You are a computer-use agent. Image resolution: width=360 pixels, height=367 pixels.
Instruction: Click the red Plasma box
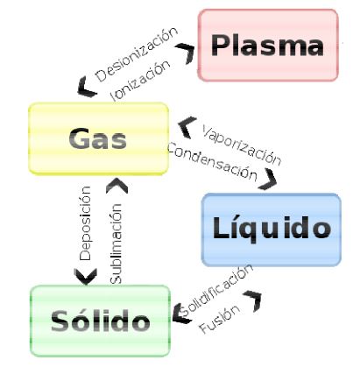tap(267, 45)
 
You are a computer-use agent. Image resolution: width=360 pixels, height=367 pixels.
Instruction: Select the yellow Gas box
tap(97, 138)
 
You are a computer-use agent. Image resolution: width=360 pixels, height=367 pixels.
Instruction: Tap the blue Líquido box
tap(271, 229)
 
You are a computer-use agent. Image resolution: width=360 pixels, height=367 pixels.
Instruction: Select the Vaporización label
tap(241, 145)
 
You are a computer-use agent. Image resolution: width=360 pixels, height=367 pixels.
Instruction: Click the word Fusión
tap(215, 325)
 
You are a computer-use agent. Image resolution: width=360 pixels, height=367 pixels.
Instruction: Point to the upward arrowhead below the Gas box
tap(115, 185)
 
